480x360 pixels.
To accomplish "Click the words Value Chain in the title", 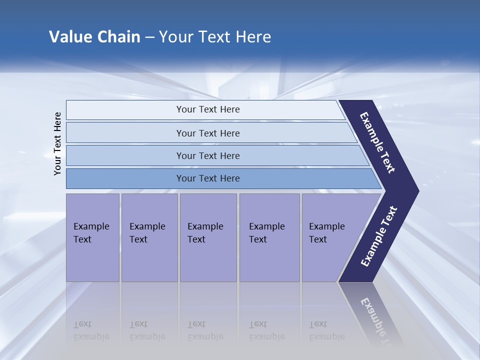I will [94, 36].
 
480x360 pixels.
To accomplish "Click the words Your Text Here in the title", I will [215, 36].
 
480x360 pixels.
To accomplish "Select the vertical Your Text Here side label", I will [57, 143].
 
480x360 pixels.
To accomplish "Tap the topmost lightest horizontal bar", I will [207, 109].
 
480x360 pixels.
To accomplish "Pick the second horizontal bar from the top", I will [207, 133].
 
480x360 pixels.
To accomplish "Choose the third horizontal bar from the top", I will [207, 155].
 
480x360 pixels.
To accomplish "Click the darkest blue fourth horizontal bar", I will [207, 178].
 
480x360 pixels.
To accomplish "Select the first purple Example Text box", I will [92, 237].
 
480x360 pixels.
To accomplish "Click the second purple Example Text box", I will [149, 237].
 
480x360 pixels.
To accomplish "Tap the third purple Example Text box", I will [207, 237].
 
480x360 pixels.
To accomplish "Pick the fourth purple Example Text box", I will [269, 237].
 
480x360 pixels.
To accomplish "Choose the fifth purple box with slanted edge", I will [330, 237].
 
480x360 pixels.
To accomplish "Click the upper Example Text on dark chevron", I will [378, 142].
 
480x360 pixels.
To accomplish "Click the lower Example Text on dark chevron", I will [379, 236].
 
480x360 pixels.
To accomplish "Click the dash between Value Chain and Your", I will [149, 37].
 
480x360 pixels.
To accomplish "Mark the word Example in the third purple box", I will [205, 226].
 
